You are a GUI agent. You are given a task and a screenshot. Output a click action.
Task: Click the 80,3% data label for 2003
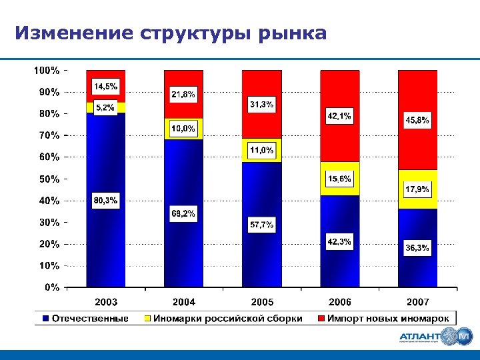[x=105, y=200]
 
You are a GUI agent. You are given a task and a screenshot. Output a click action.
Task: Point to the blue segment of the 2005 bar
[x=261, y=253]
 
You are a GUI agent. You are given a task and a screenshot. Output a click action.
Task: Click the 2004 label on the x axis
[x=183, y=302]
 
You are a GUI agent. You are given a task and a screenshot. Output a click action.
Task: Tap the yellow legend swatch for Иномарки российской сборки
[x=149, y=319]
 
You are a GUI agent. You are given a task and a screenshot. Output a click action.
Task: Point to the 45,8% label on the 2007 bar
[x=417, y=121]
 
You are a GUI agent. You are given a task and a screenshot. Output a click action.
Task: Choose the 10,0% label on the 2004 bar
[x=183, y=129]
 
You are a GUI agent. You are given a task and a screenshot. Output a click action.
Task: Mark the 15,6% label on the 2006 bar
[x=339, y=179]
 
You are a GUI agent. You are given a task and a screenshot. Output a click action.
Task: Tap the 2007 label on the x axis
[x=418, y=302]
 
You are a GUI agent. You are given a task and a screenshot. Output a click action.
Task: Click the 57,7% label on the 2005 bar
[x=261, y=225]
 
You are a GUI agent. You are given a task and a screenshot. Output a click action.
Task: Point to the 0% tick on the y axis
[x=51, y=287]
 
